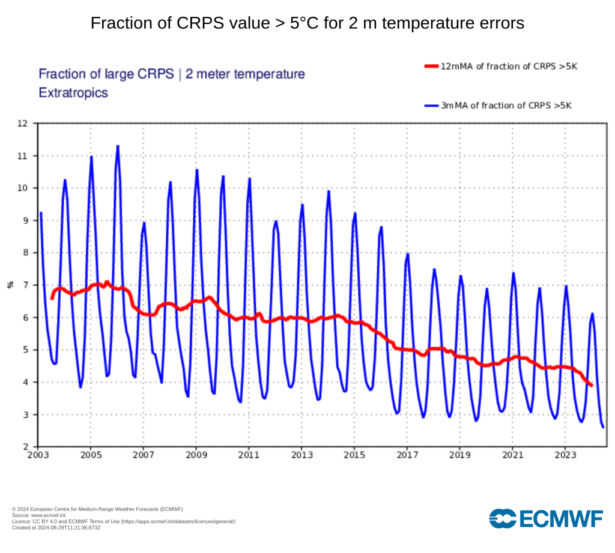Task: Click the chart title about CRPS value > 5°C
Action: click(x=307, y=23)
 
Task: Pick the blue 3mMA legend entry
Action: click(x=498, y=106)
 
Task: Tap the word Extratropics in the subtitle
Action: click(x=73, y=93)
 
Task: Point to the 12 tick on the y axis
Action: click(x=23, y=124)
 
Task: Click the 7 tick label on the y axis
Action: click(x=25, y=285)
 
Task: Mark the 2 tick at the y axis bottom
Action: click(x=25, y=447)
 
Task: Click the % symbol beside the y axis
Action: click(x=10, y=285)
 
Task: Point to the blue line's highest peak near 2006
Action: click(x=118, y=146)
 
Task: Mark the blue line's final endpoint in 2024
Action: click(x=603, y=427)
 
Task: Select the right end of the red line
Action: click(x=592, y=385)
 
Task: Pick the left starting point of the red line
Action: click(x=52, y=298)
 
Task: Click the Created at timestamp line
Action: click(x=56, y=527)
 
